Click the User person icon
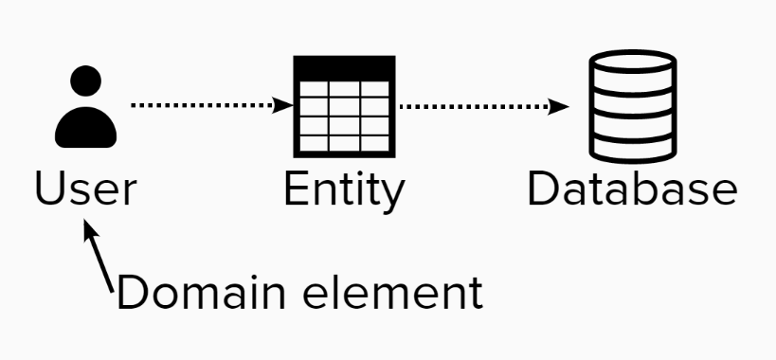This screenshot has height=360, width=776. [x=86, y=106]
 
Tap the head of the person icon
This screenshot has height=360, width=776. [x=86, y=82]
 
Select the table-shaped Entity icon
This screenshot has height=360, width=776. [x=343, y=106]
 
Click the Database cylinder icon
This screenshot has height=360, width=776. [x=633, y=106]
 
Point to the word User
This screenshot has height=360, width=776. [x=85, y=189]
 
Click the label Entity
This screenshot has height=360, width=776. [x=344, y=190]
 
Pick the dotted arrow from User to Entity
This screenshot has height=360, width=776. [x=204, y=105]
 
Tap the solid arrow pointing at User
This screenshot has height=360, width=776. [x=100, y=254]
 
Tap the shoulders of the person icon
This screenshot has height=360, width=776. [x=86, y=127]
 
